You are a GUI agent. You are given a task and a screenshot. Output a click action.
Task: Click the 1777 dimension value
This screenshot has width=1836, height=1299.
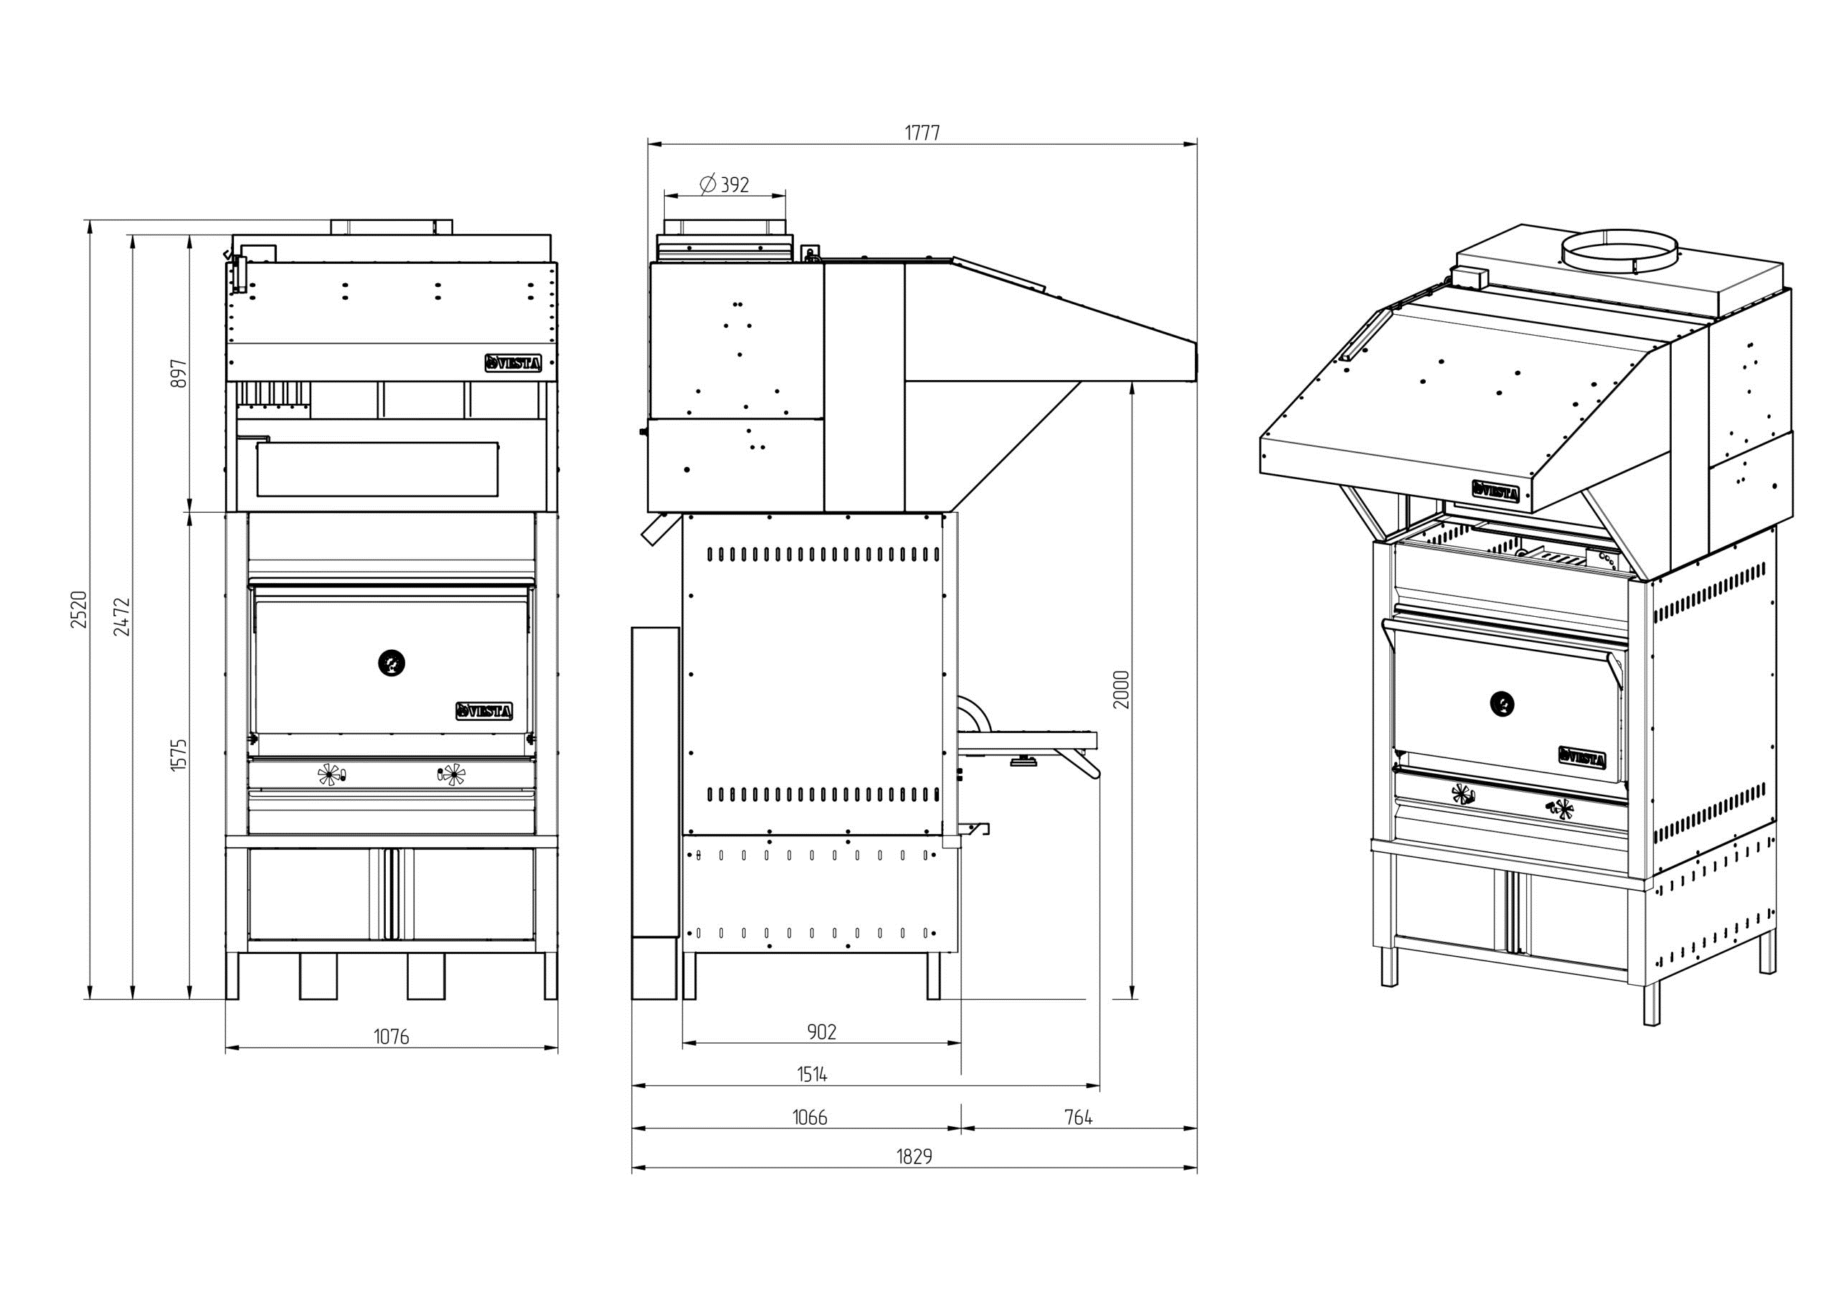[922, 132]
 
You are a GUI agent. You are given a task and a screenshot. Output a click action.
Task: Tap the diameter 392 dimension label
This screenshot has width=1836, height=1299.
[724, 185]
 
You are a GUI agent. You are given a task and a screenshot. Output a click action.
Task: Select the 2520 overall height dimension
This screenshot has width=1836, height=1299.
[78, 610]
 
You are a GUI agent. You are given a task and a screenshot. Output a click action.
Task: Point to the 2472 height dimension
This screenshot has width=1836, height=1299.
[121, 616]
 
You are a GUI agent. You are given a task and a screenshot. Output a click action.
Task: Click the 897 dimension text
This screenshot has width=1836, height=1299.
[180, 374]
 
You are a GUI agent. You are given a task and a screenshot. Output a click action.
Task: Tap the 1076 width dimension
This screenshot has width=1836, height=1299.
[391, 1036]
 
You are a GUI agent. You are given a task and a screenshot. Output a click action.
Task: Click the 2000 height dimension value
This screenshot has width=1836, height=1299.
[1121, 689]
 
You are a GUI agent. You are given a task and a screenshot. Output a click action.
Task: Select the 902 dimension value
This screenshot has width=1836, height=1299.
[821, 1032]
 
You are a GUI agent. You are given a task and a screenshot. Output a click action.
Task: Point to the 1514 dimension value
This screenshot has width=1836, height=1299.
[812, 1074]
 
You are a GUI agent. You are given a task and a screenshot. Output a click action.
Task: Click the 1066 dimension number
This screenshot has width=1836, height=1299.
[809, 1118]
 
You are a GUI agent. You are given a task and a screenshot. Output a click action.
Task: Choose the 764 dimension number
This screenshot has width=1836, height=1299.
[1078, 1118]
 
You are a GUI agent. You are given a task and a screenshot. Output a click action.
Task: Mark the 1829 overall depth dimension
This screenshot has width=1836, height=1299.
[914, 1157]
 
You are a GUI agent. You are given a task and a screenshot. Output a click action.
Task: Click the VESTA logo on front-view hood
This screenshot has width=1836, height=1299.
[514, 364]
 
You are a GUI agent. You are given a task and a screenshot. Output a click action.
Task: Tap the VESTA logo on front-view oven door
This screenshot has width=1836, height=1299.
[485, 711]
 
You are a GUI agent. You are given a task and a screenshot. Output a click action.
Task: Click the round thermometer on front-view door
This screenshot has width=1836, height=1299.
[391, 662]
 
